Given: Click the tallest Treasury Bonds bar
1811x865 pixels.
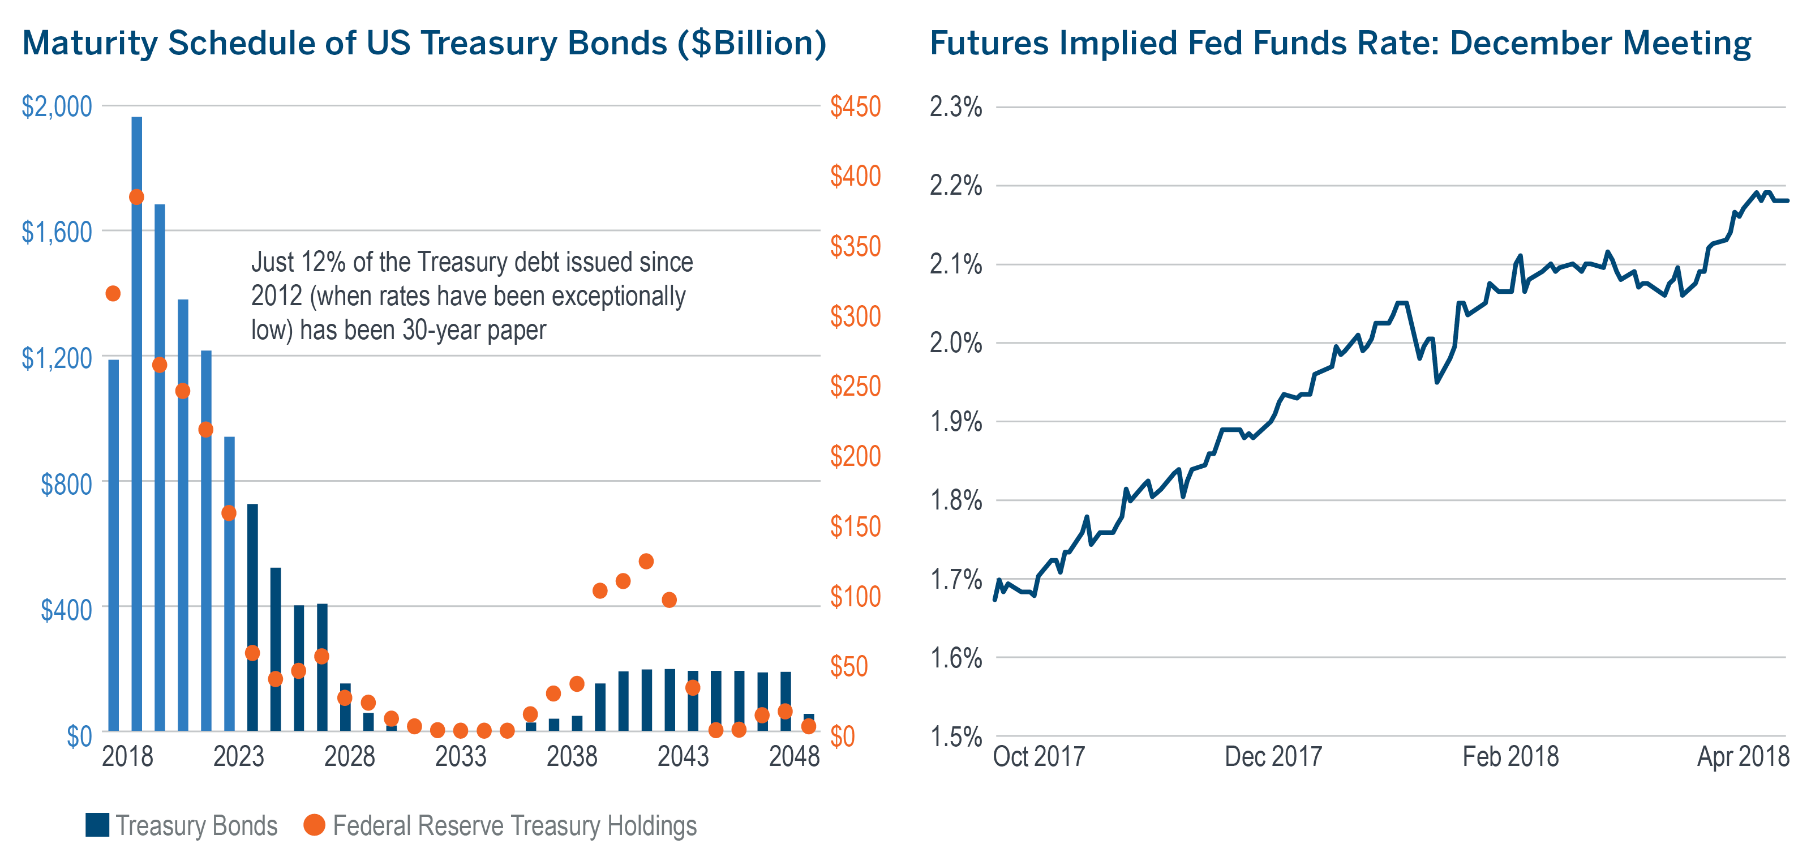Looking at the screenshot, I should pyautogui.click(x=136, y=422).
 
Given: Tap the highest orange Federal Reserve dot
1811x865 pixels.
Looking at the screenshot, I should pyautogui.click(x=136, y=197).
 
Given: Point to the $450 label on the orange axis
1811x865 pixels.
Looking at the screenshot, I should pyautogui.click(x=855, y=106).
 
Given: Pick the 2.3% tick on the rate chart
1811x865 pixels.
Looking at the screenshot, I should pyautogui.click(x=955, y=107).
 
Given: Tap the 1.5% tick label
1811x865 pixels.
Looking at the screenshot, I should pyautogui.click(x=955, y=736).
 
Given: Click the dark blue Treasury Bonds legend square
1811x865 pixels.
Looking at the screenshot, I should pyautogui.click(x=97, y=825).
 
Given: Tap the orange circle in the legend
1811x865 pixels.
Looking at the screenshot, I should pyautogui.click(x=314, y=825).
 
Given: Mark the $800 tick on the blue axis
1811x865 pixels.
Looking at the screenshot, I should pyautogui.click(x=66, y=484).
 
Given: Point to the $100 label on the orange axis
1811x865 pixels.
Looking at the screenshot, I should pyautogui.click(x=855, y=596).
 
